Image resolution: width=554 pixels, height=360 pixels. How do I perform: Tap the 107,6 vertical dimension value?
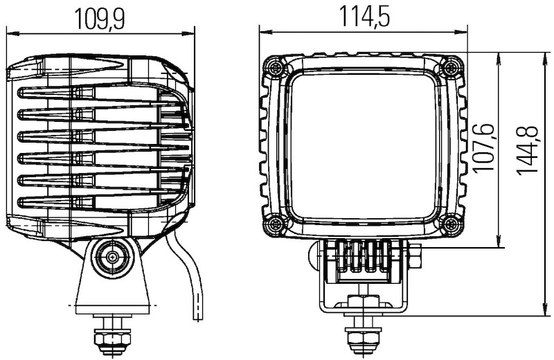tap(483, 147)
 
